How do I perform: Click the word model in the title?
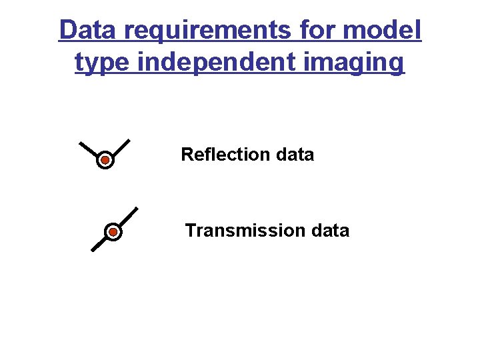coord(390,31)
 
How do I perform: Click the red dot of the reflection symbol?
coord(105,161)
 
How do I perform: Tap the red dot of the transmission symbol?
coord(113,232)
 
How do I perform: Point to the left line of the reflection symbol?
coord(89,149)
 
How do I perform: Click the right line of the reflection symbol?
coord(121,147)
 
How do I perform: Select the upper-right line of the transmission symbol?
coord(128,216)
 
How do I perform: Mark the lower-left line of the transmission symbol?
coord(99,244)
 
